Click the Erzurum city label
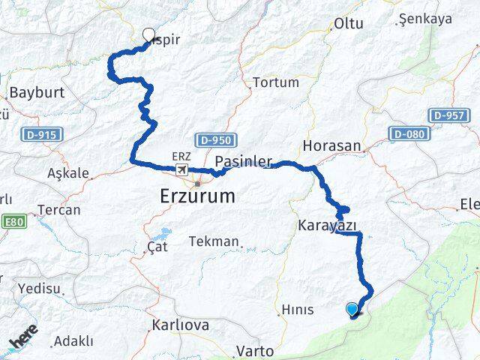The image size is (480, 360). [197, 196]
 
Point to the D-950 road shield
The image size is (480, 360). [217, 140]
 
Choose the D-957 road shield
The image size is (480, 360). [450, 115]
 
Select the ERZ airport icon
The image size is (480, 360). [181, 170]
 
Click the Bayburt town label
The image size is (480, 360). [36, 93]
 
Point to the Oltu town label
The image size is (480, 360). [348, 23]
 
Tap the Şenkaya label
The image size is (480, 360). [425, 19]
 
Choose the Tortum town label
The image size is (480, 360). [275, 82]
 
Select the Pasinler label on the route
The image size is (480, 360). [242, 161]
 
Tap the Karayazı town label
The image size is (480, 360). [327, 225]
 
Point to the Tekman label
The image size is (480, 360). [214, 241]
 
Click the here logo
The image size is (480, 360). [24, 337]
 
